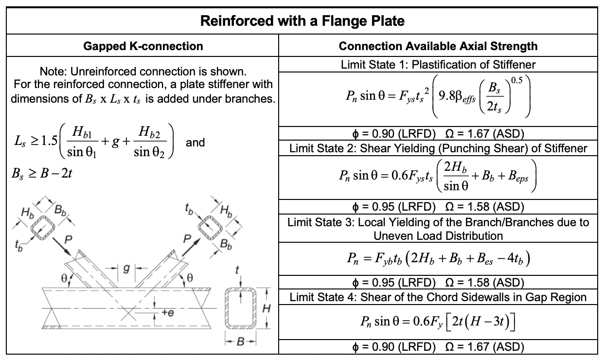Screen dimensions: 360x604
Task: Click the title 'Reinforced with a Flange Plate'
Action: [302, 21]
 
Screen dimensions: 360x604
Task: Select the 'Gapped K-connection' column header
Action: [143, 46]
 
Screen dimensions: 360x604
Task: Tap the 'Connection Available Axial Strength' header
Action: [438, 46]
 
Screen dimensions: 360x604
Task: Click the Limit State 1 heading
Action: [438, 65]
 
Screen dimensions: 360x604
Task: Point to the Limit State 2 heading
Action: [438, 148]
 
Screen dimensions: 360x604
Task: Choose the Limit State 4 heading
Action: [438, 298]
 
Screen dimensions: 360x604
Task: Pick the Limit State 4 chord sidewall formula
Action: [438, 322]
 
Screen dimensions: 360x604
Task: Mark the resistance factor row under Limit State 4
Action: [438, 347]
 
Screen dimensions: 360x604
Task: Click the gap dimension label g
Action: [126, 268]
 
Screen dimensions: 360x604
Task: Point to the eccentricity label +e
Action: [167, 313]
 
